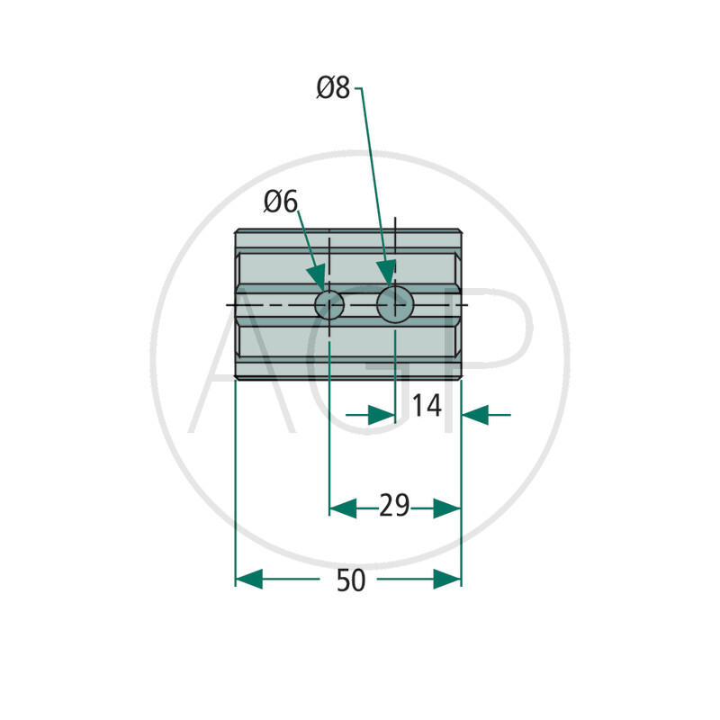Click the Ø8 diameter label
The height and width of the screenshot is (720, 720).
tap(333, 87)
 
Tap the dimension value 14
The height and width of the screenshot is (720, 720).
tap(427, 406)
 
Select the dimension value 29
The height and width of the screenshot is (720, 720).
tap(394, 506)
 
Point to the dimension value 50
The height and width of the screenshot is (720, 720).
tap(351, 580)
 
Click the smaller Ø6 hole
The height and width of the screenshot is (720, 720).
tap(329, 305)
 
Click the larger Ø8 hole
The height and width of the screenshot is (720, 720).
tap(395, 304)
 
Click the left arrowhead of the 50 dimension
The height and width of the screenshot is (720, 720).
tap(249, 579)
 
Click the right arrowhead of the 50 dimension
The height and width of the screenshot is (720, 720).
tap(447, 579)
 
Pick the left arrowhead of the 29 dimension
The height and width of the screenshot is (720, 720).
tap(343, 508)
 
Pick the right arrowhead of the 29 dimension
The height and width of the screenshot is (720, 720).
tap(447, 508)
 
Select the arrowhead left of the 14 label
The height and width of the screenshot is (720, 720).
tap(382, 415)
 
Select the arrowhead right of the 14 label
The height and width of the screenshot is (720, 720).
tap(475, 415)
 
